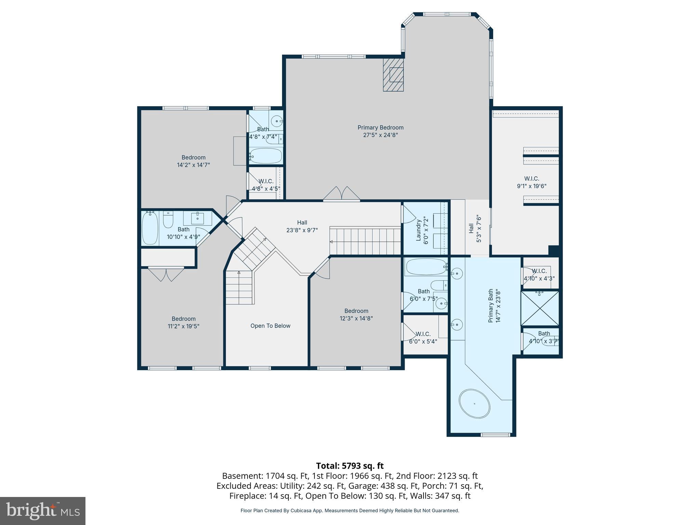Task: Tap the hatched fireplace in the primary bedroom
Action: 393,75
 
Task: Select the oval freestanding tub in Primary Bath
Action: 474,404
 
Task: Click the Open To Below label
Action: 270,326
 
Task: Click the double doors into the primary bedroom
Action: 341,194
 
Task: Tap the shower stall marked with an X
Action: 540,308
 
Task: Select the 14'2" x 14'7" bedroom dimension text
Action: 193,165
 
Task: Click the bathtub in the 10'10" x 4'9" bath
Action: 150,228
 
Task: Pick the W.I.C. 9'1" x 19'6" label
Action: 531,182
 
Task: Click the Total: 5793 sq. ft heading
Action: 350,466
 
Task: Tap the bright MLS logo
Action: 43,511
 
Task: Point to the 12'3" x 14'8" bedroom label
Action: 356,314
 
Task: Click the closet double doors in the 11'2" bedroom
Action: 166,274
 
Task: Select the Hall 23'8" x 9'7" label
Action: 302,226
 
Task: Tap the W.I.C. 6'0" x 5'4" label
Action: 423,337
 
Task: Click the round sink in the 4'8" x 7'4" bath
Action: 276,121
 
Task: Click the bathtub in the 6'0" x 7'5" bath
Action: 426,267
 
